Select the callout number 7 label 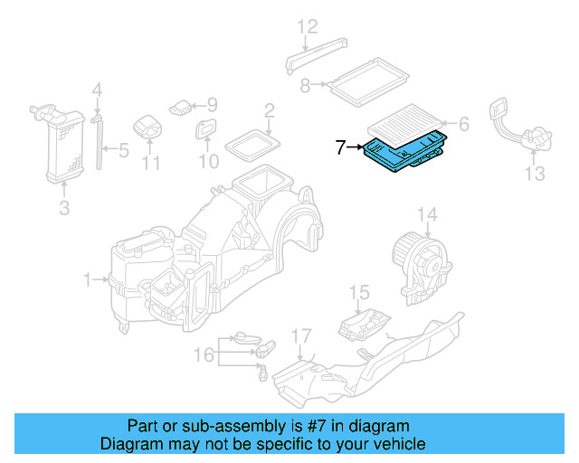point(340,147)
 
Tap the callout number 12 point(308,25)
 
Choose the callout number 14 point(427,215)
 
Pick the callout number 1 point(89,281)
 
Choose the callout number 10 point(209,162)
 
